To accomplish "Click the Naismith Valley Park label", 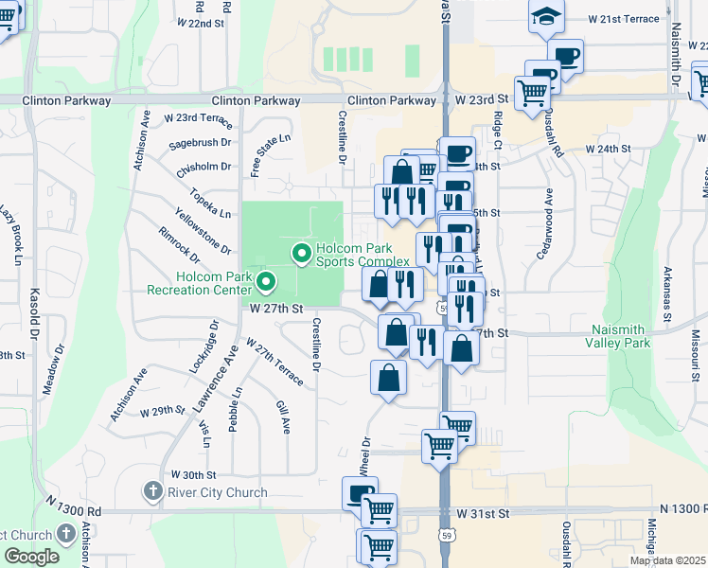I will pyautogui.click(x=621, y=336).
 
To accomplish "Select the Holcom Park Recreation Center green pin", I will pyautogui.click(x=266, y=281).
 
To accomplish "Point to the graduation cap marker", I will pyautogui.click(x=545, y=17).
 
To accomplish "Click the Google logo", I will pyautogui.click(x=31, y=557).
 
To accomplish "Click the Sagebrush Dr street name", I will pyautogui.click(x=200, y=142).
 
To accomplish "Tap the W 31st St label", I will pyautogui.click(x=483, y=513).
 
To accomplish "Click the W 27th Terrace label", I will pyautogui.click(x=274, y=362).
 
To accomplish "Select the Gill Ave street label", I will pyautogui.click(x=282, y=417).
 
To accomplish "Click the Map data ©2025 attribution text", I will pyautogui.click(x=668, y=560).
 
